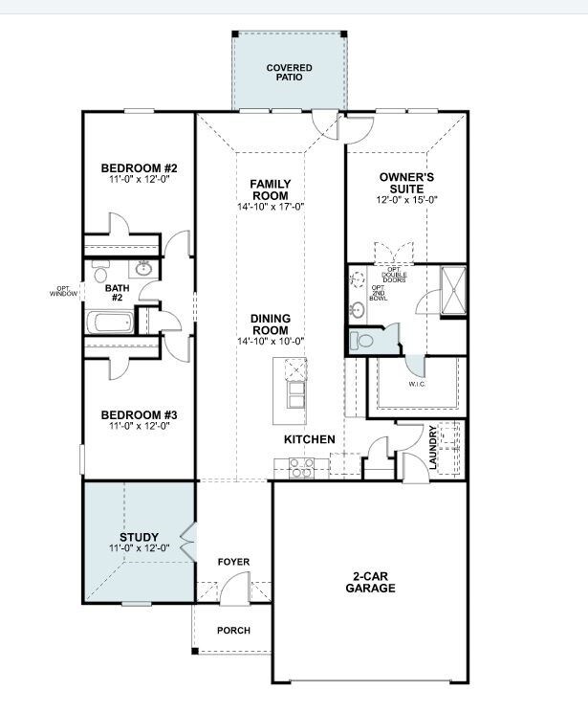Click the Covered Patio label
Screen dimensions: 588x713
pyautogui.click(x=289, y=73)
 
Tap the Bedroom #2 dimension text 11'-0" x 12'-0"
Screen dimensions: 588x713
pyautogui.click(x=139, y=179)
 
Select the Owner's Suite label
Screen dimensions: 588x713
pyautogui.click(x=406, y=183)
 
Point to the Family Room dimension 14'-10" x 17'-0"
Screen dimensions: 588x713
pyautogui.click(x=271, y=207)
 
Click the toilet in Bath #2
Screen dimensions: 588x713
pyautogui.click(x=99, y=272)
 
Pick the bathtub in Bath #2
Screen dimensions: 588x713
pyautogui.click(x=110, y=323)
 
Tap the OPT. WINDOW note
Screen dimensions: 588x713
pyautogui.click(x=64, y=291)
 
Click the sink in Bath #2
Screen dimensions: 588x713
pyautogui.click(x=143, y=268)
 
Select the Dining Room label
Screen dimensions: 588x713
pyautogui.click(x=271, y=324)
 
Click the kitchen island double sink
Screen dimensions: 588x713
pyautogui.click(x=295, y=394)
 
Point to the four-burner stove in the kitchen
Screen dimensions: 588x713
pyautogui.click(x=301, y=468)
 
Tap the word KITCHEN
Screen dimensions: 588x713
pyautogui.click(x=310, y=439)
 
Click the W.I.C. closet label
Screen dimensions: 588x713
pyautogui.click(x=417, y=384)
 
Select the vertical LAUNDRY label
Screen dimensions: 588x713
pyautogui.click(x=432, y=448)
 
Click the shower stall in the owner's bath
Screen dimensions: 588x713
pyautogui.click(x=453, y=291)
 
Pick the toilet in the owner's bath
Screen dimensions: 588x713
pyautogui.click(x=361, y=340)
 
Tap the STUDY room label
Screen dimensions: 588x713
pyautogui.click(x=139, y=537)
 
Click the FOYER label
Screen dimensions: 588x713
pyautogui.click(x=233, y=562)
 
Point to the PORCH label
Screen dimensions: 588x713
pyautogui.click(x=233, y=631)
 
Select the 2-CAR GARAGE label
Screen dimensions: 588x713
pyautogui.click(x=370, y=582)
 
